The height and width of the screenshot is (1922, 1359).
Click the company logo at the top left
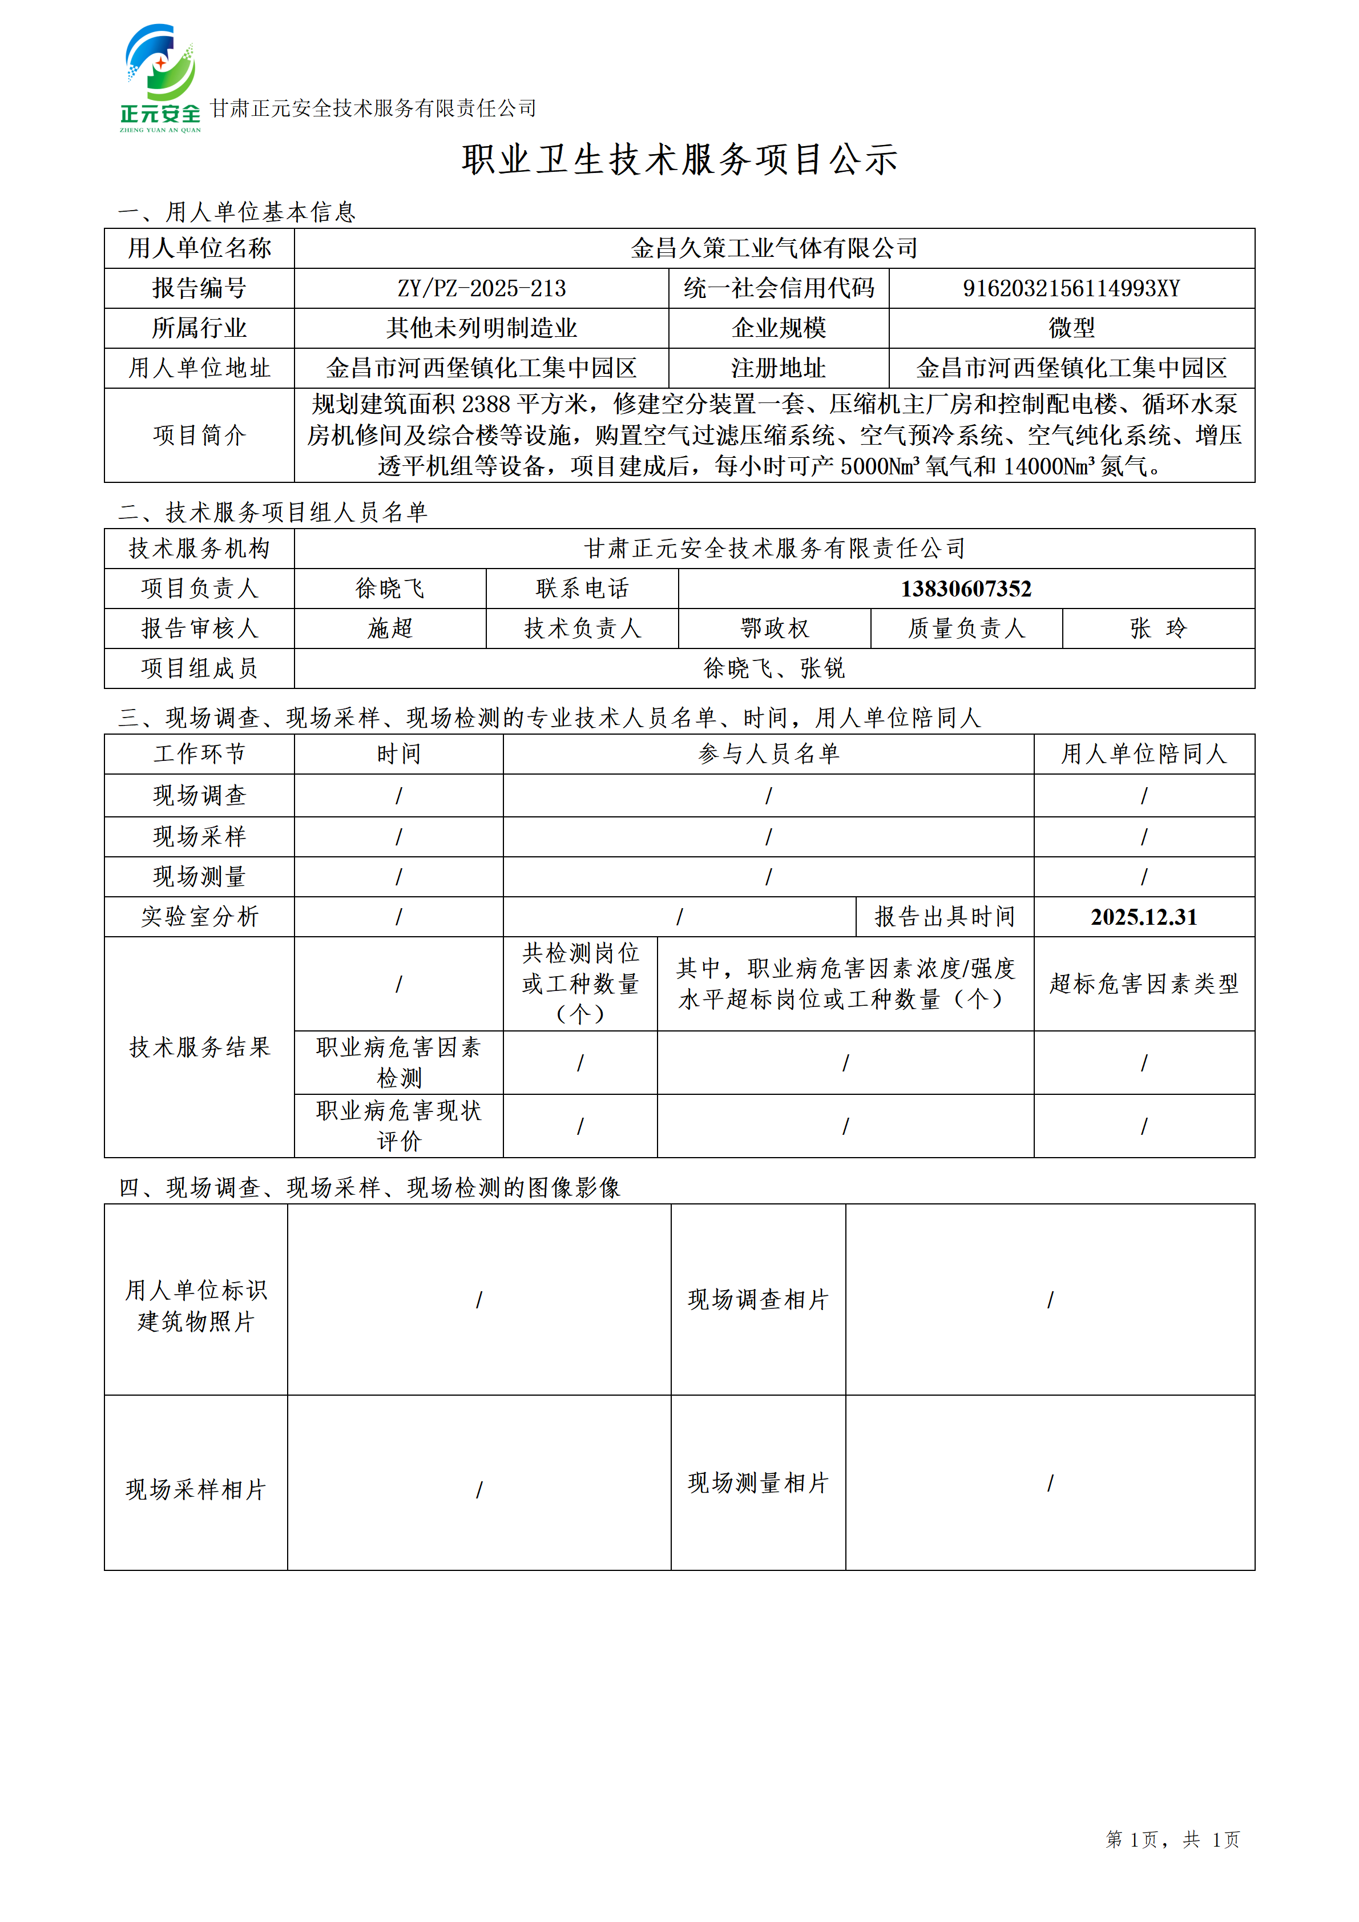160,78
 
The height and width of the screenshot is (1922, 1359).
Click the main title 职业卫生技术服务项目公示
679,159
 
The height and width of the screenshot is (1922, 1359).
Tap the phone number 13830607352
966,589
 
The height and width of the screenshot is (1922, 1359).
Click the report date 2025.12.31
1143,917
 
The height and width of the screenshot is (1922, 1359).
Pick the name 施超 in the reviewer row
390,628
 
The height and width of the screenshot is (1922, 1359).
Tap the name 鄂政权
774,628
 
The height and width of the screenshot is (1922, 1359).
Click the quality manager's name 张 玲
1158,628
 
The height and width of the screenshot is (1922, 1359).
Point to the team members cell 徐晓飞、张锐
774,668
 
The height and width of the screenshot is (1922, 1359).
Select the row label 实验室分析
199,917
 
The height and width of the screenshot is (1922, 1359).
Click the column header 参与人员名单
768,754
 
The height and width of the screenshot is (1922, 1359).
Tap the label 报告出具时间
945,917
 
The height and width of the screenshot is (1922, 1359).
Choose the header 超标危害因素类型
1143,984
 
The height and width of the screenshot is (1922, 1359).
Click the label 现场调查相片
757,1299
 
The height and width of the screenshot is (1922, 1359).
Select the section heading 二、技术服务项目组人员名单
273,512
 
